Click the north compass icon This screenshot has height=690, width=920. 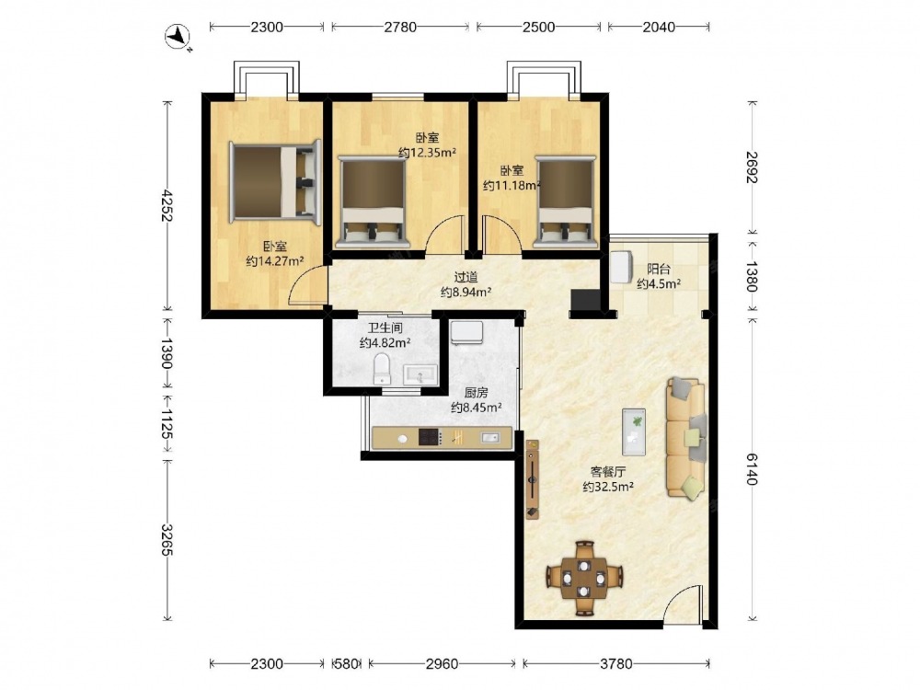178,37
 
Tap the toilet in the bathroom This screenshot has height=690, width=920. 382,369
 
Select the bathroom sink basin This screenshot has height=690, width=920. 420,374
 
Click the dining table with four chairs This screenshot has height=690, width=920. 584,579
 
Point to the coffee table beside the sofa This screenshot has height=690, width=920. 634,431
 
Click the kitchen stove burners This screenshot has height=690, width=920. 430,437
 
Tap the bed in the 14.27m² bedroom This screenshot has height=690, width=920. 275,182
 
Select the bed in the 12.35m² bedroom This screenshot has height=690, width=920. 373,201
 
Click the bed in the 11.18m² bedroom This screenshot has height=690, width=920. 566,201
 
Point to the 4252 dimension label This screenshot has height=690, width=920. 167,205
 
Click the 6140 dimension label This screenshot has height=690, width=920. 753,469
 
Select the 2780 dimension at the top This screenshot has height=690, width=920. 401,27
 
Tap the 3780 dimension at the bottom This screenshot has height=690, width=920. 616,663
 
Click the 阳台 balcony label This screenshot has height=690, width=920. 659,270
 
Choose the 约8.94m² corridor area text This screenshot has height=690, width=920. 466,292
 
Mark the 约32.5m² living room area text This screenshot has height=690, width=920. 608,487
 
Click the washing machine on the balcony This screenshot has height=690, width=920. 621,268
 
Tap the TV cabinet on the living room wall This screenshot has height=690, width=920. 533,479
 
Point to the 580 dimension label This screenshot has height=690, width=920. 346,663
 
